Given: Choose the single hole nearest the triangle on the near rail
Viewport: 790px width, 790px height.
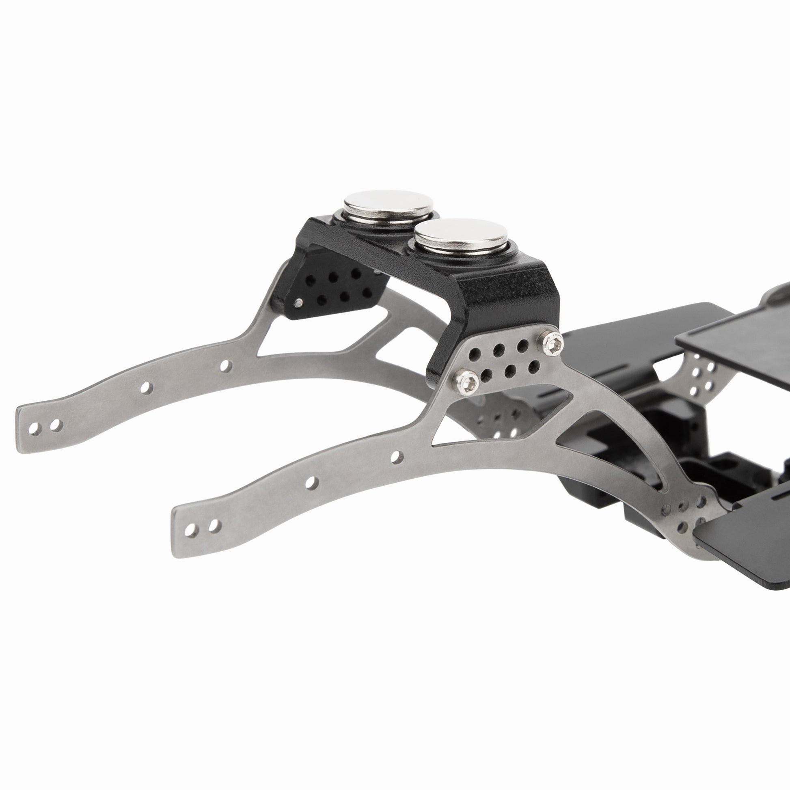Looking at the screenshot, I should [x=395, y=457].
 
